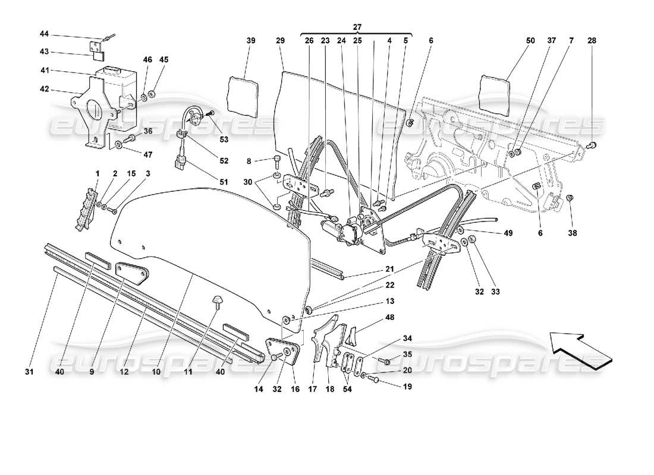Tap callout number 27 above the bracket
click(357, 27)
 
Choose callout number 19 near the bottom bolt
click(406, 386)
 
